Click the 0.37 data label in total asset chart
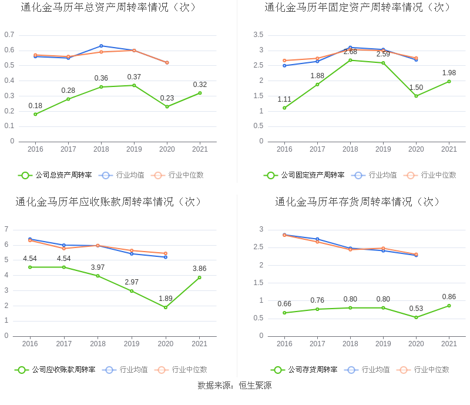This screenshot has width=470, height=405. click(x=134, y=77)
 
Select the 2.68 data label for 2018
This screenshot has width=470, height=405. click(x=350, y=52)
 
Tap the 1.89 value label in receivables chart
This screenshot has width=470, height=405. click(x=166, y=299)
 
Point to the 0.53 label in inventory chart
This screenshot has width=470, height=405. click(x=416, y=309)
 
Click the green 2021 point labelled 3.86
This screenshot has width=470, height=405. click(x=199, y=277)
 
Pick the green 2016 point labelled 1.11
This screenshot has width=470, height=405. click(x=284, y=108)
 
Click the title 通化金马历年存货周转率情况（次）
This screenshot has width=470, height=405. click(x=358, y=202)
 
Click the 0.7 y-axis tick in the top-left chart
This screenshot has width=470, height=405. click(x=9, y=35)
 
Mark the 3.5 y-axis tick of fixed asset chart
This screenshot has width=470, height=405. click(x=258, y=35)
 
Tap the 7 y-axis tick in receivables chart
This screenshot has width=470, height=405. click(x=6, y=229)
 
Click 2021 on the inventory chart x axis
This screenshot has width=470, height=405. click(x=449, y=344)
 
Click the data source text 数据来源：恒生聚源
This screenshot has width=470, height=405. click(x=234, y=386)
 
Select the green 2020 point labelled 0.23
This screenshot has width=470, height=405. click(x=167, y=106)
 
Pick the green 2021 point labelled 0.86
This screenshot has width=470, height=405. click(x=449, y=306)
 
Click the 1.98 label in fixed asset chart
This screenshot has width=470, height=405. click(x=449, y=73)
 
